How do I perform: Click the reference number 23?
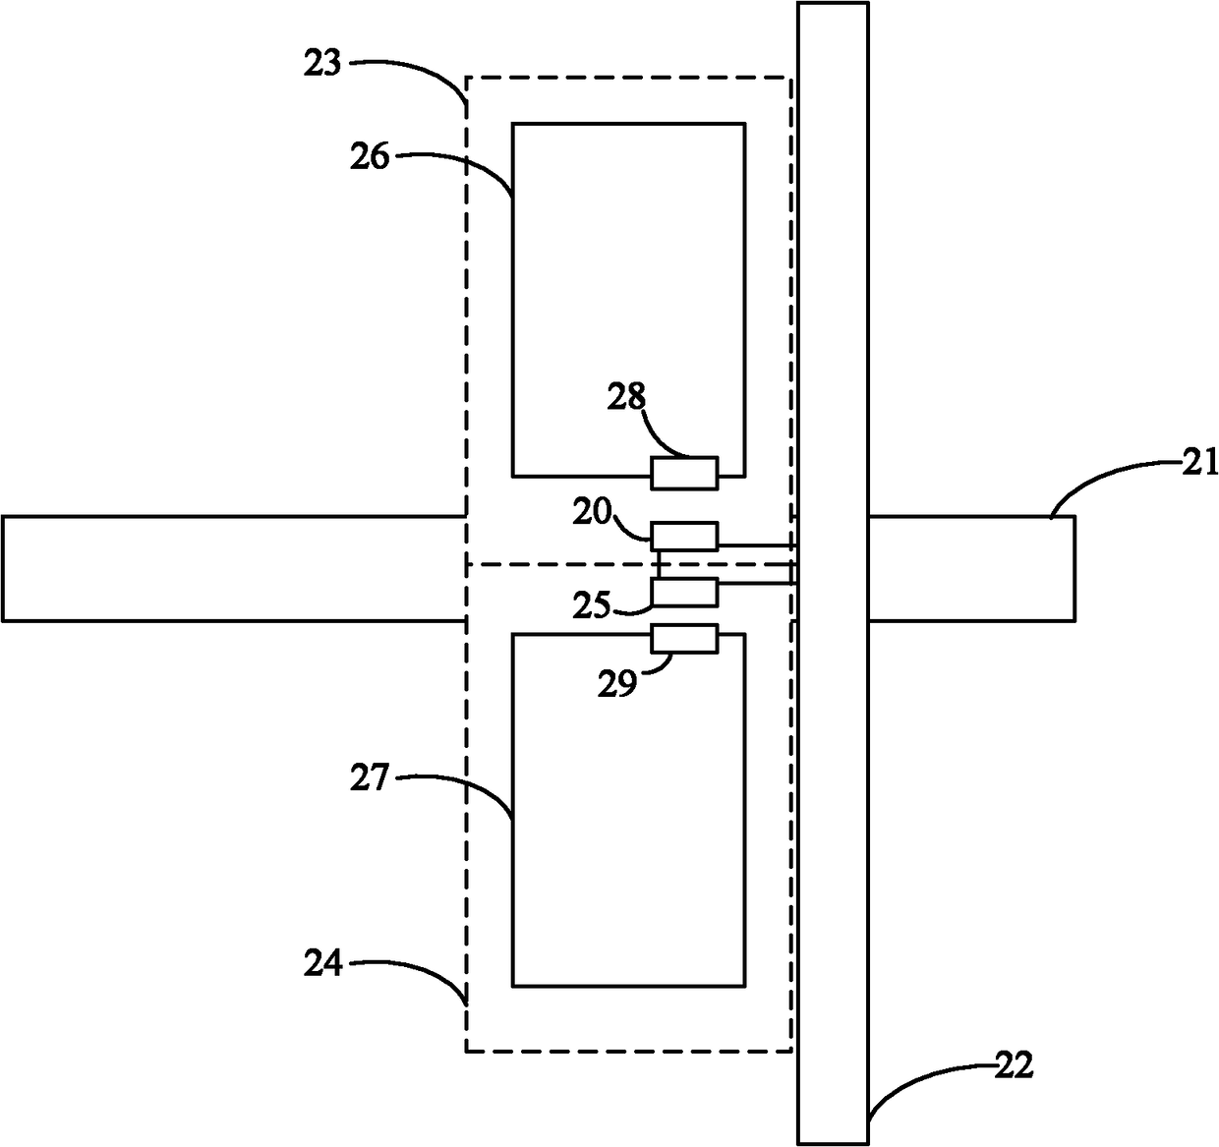click(x=322, y=64)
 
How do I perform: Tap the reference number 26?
click(x=370, y=156)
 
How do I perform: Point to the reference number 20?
click(x=593, y=511)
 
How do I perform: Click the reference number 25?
click(x=593, y=605)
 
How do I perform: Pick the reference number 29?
click(x=617, y=684)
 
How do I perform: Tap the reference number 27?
click(x=370, y=777)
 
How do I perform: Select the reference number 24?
click(x=322, y=963)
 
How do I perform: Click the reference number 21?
click(x=1200, y=463)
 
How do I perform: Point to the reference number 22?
click(x=1014, y=1066)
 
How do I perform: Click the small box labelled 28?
click(x=684, y=473)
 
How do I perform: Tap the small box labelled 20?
click(x=684, y=537)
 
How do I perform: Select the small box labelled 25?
click(x=684, y=593)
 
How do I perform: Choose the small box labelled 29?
click(x=684, y=639)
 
